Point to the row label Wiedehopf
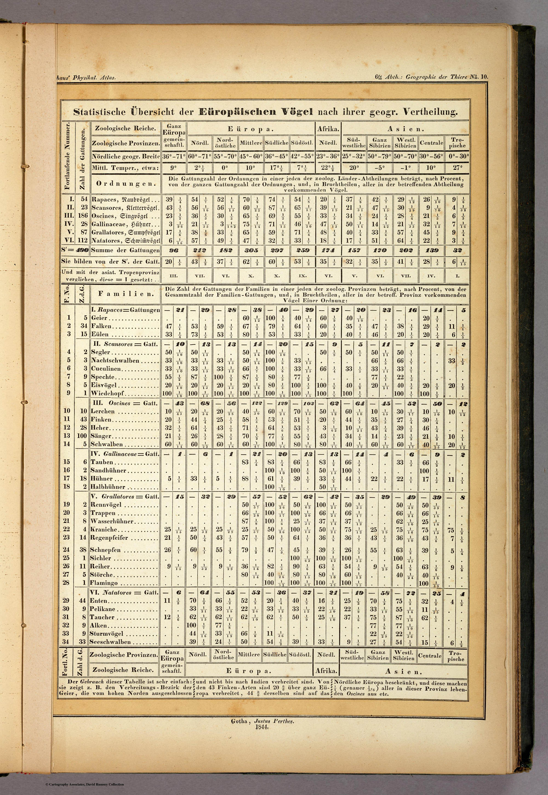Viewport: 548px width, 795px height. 107,393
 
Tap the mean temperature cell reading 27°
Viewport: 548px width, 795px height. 457,168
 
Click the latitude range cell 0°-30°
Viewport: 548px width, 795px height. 457,156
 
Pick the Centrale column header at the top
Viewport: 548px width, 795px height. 431,143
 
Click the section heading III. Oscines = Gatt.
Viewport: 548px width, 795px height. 124,403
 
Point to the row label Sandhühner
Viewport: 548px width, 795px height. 108,470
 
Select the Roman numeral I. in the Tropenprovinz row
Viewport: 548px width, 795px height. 457,276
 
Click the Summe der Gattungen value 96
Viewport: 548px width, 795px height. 174,251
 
